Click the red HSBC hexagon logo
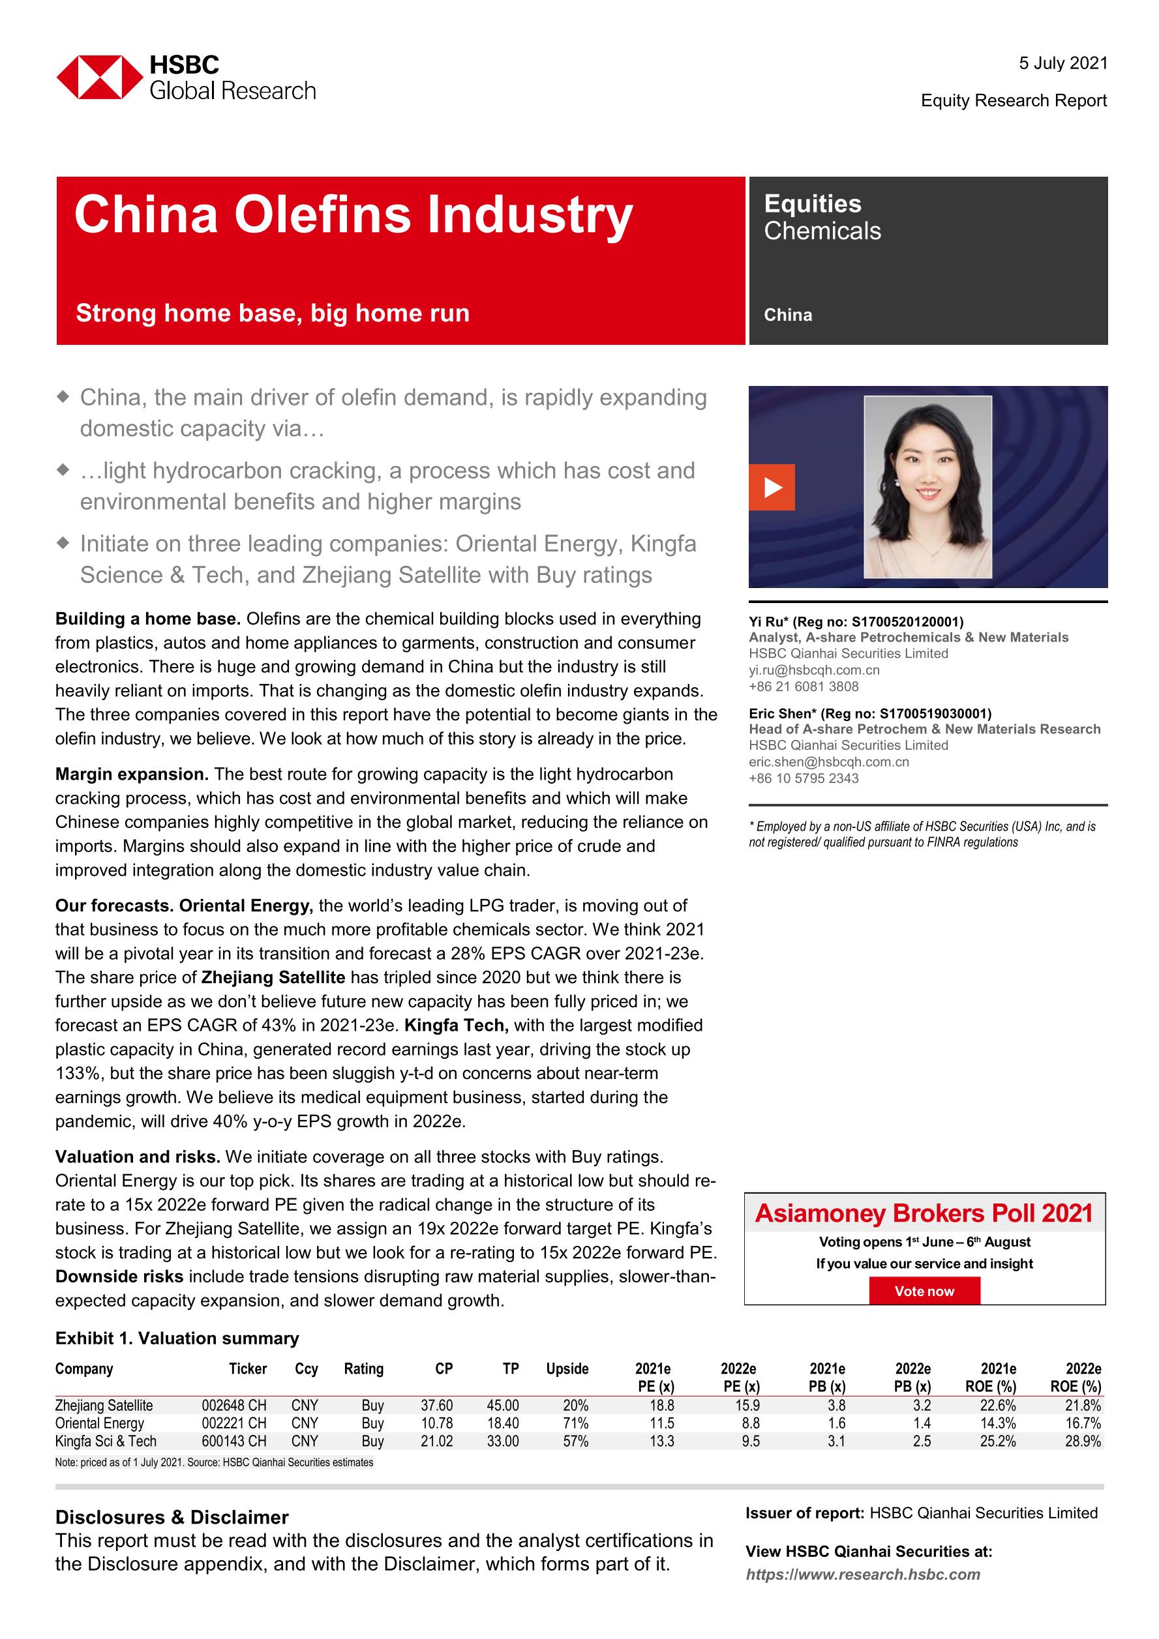99,77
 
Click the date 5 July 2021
1062,63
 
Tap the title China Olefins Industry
354,215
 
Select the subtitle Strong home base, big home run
273,314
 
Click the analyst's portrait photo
927,487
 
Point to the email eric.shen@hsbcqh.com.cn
828,761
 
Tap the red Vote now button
924,1291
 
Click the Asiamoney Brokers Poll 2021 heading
924,1213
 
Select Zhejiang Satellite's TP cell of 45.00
503,1406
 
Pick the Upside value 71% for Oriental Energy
575,1423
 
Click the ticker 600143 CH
233,1441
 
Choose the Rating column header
363,1368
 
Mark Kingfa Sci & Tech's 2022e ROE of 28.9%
1083,1441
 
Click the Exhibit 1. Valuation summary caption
177,1338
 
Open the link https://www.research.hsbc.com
863,1574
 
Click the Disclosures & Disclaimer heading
172,1518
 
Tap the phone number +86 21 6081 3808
804,687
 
